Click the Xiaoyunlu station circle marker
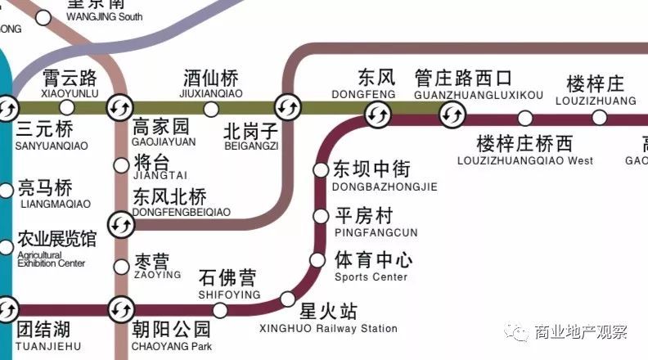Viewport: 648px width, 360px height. tap(68, 106)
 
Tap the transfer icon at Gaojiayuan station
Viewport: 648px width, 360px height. tap(120, 106)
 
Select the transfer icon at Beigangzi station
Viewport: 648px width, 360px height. tap(287, 106)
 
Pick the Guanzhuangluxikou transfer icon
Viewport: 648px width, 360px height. tap(449, 116)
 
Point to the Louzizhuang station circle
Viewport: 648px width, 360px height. tap(600, 117)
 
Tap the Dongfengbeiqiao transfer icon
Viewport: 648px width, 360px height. tap(121, 223)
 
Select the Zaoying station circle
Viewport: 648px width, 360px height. tap(121, 265)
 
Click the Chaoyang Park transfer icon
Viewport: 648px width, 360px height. tap(121, 309)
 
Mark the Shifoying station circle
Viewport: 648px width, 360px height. tap(220, 309)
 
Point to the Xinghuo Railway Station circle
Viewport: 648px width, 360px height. tap(287, 299)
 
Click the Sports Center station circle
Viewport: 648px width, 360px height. tap(317, 259)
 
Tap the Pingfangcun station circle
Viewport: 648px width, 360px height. tap(320, 217)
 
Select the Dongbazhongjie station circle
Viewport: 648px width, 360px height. tap(320, 170)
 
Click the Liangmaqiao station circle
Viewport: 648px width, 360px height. tap(7, 191)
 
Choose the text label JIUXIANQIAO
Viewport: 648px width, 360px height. tap(211, 94)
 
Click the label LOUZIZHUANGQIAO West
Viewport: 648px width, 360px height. tap(534, 160)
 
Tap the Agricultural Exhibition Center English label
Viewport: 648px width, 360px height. tap(51, 259)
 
